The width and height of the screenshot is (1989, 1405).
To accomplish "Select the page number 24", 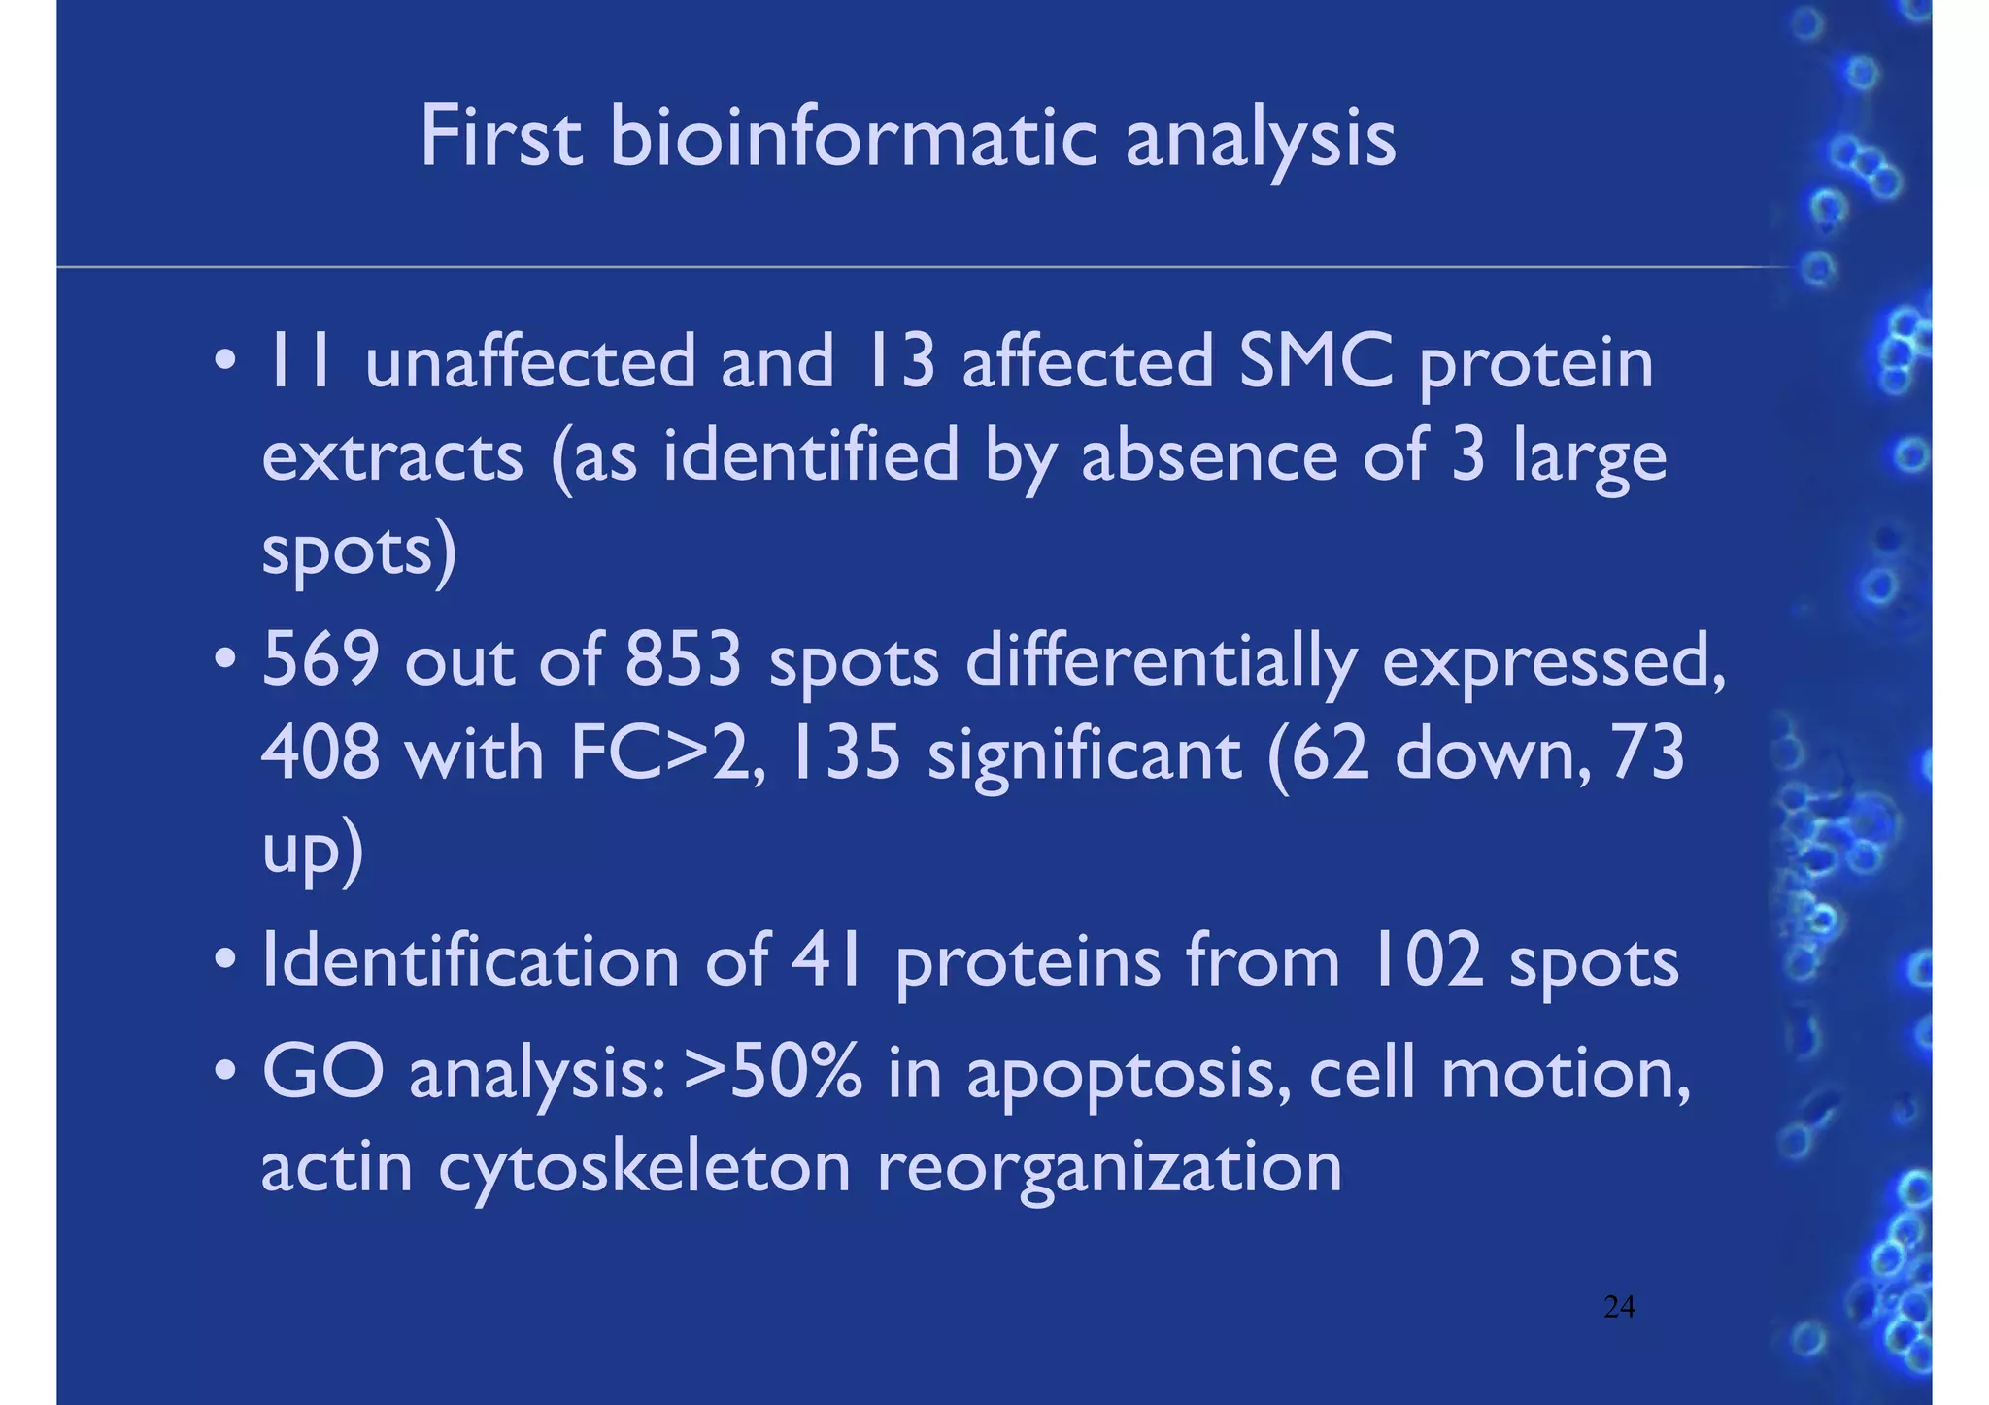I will (x=1619, y=1307).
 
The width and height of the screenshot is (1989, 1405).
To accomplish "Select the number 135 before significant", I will (x=846, y=753).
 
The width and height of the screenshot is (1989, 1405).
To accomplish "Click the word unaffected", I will (x=530, y=361).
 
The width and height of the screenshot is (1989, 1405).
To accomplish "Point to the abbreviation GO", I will (x=322, y=1074).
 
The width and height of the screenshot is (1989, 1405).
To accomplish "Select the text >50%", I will (x=772, y=1074).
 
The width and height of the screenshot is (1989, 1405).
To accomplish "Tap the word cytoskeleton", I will (x=644, y=1168).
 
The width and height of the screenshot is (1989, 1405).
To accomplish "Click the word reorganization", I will (x=1109, y=1168).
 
